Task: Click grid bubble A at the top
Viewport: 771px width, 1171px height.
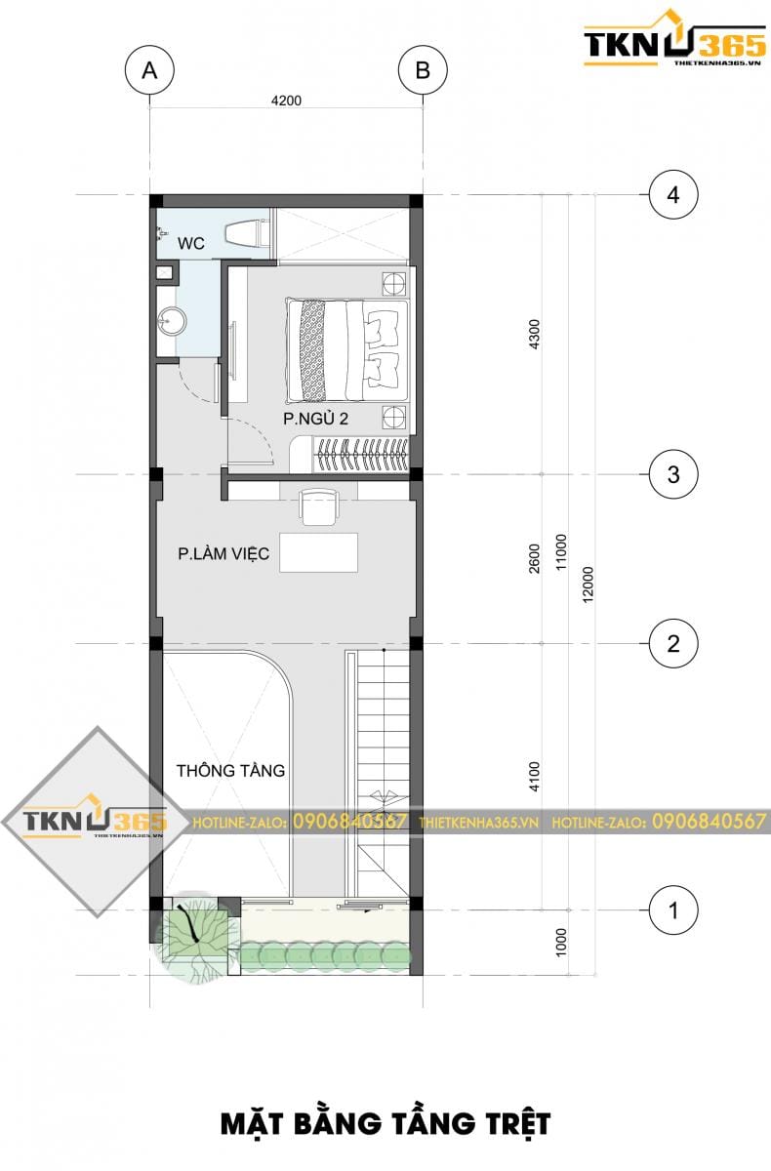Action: (149, 70)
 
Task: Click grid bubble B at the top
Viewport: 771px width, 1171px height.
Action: (423, 70)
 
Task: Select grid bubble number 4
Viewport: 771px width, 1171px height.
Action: (673, 195)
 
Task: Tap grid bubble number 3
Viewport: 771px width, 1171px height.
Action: (673, 474)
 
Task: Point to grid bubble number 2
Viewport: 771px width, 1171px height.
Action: (673, 643)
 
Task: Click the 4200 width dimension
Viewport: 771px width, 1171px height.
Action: (286, 101)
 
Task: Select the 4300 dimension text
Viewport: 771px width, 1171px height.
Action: (534, 335)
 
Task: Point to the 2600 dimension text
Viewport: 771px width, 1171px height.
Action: (534, 558)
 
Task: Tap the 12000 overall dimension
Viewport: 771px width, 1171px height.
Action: (588, 585)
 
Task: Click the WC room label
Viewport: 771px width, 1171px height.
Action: (190, 244)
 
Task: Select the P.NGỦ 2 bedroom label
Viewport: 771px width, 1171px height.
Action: (315, 419)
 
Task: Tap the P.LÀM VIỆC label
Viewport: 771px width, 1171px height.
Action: (223, 553)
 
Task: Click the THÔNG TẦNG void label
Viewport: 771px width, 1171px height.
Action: (230, 771)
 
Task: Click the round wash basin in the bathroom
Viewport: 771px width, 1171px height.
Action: (172, 320)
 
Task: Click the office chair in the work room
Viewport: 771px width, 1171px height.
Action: (319, 505)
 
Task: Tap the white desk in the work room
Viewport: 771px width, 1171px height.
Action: (318, 552)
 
